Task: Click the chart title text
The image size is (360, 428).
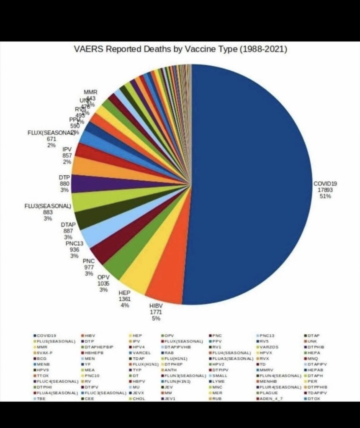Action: [x=180, y=49]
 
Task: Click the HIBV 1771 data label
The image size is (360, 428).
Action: [x=156, y=312]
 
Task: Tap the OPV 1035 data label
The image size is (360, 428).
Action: [x=103, y=283]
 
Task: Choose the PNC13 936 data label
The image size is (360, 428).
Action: [x=75, y=249]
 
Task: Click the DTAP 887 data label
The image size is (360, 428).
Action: [x=68, y=231]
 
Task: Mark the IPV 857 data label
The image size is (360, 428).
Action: [x=67, y=155]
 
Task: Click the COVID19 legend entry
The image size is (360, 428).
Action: [x=46, y=336]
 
